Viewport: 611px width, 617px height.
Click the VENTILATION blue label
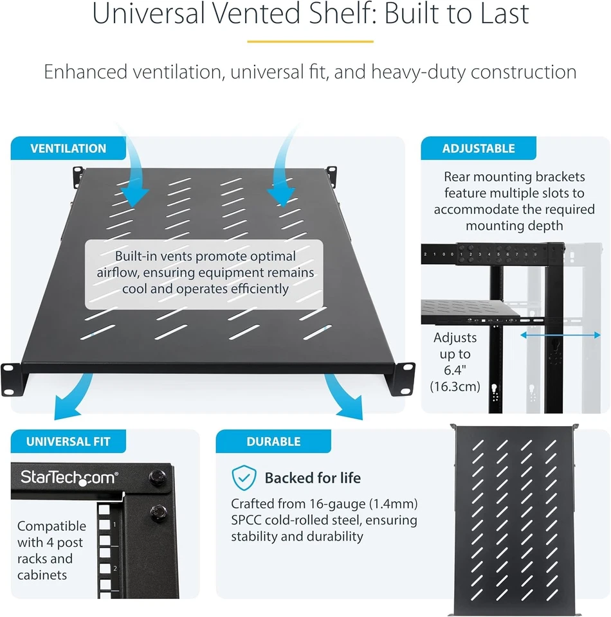pyautogui.click(x=68, y=148)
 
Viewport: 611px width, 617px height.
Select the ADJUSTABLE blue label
pyautogui.click(x=478, y=148)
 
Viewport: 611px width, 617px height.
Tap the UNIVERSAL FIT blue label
pyautogui.click(x=68, y=442)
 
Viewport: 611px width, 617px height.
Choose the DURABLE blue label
pyautogui.click(x=273, y=442)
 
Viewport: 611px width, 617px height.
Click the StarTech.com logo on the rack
pyautogui.click(x=68, y=477)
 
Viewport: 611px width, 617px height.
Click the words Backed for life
pyautogui.click(x=313, y=478)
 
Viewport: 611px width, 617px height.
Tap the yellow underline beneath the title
pyautogui.click(x=310, y=42)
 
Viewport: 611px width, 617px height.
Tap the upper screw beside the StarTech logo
pyautogui.click(x=156, y=477)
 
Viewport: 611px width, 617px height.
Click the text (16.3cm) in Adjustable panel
pyautogui.click(x=455, y=386)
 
